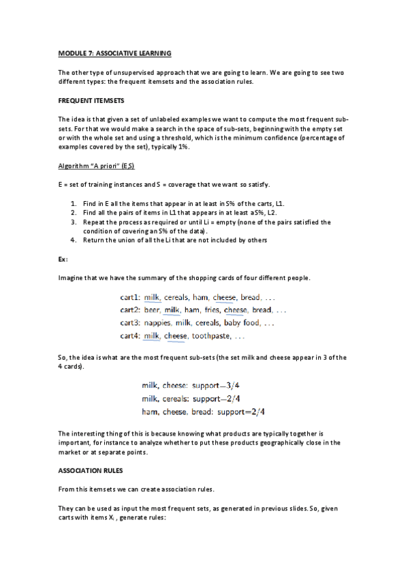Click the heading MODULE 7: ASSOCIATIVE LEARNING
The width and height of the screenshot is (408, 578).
click(114, 53)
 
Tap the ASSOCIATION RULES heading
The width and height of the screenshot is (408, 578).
click(90, 469)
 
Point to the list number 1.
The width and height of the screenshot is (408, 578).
click(74, 204)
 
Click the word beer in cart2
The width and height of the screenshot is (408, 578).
click(152, 310)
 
